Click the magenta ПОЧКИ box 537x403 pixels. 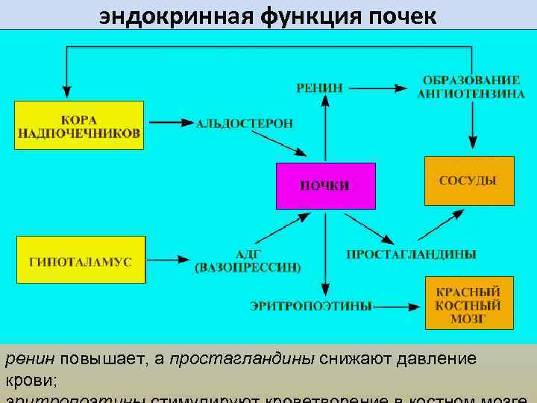pyautogui.click(x=325, y=186)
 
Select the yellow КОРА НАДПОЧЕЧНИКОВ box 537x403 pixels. pyautogui.click(x=78, y=125)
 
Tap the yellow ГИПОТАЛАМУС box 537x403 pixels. pyautogui.click(x=81, y=259)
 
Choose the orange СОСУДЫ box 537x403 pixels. pyautogui.click(x=469, y=181)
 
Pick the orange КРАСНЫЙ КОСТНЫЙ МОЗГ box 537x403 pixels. pyautogui.click(x=469, y=302)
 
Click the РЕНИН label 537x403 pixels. pyautogui.click(x=320, y=88)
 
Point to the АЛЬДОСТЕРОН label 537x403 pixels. pyautogui.click(x=245, y=122)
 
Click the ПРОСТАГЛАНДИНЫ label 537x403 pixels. pyautogui.click(x=411, y=254)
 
